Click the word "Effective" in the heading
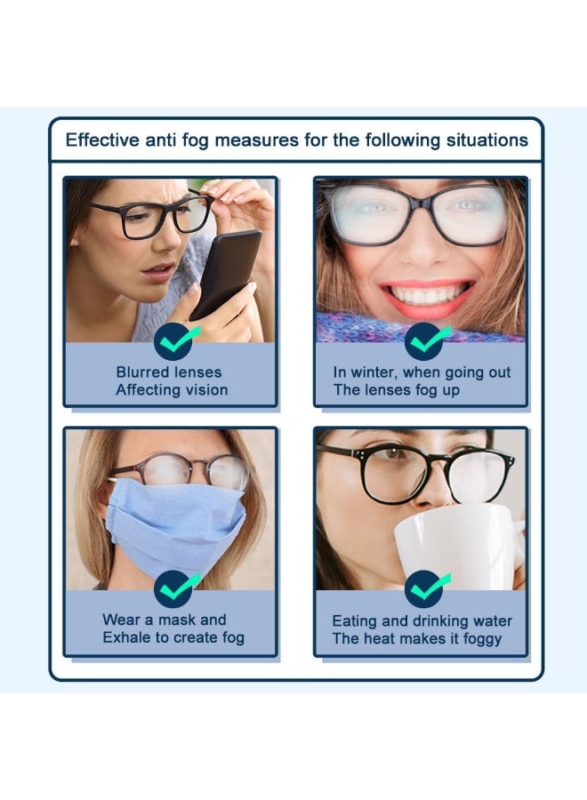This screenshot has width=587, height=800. [x=101, y=140]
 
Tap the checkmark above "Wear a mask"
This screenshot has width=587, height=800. [x=175, y=589]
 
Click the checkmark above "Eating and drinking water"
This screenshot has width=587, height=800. [x=426, y=589]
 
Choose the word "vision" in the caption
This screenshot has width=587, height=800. [x=206, y=390]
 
